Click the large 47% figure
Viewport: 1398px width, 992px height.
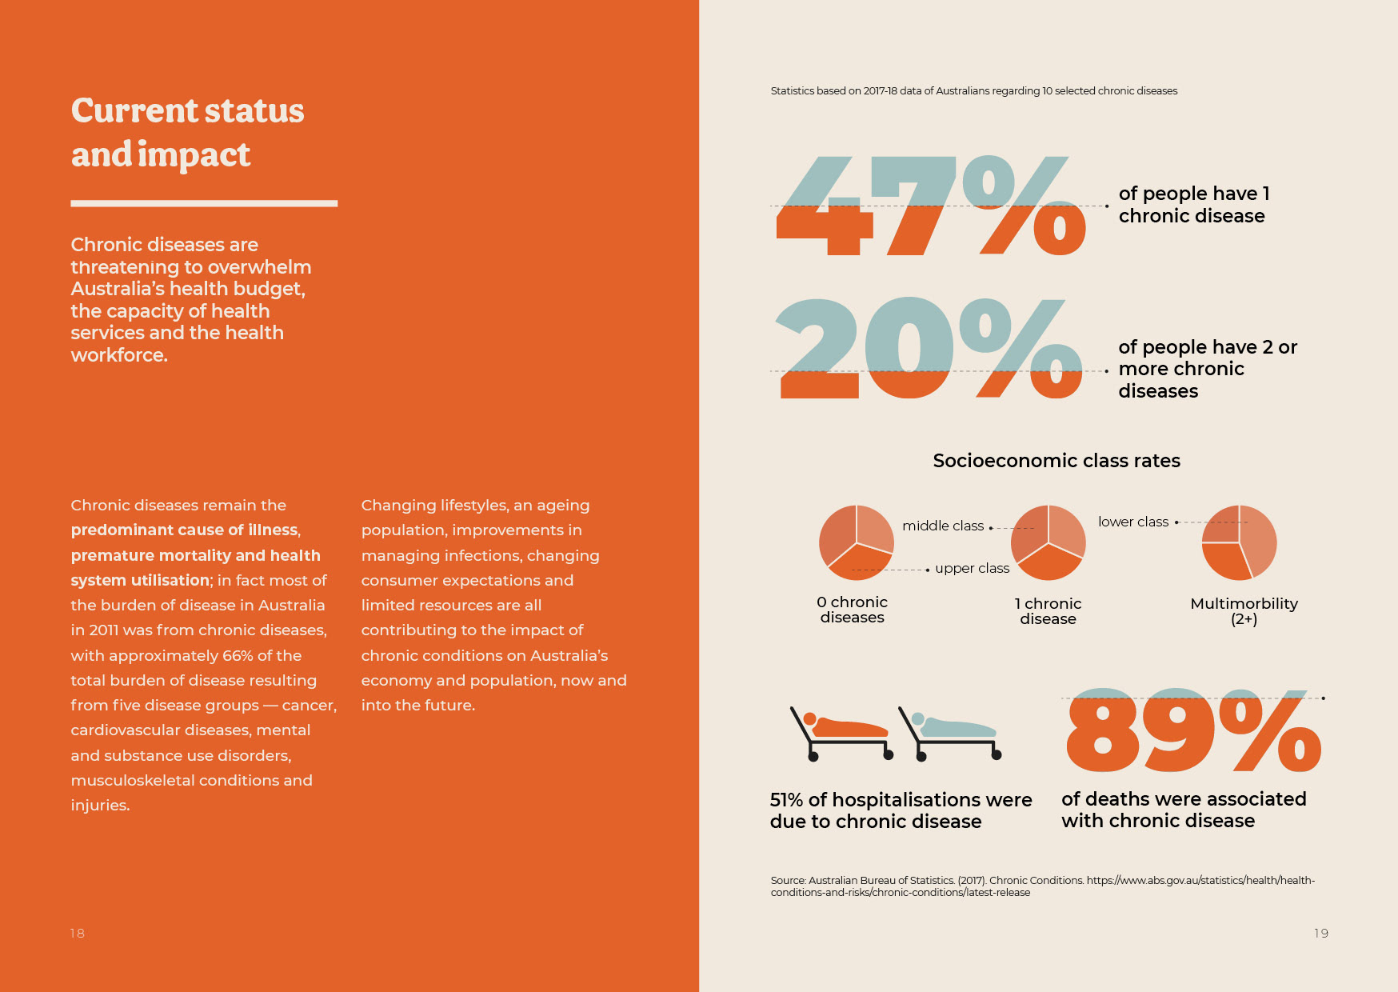click(x=931, y=206)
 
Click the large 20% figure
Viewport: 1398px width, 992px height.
click(x=929, y=348)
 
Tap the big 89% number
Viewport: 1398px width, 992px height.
click(x=1193, y=730)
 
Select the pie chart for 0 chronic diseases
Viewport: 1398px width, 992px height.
click(x=857, y=542)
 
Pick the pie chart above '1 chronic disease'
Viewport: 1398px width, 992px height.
click(x=1048, y=542)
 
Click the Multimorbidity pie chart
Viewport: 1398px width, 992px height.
click(x=1240, y=542)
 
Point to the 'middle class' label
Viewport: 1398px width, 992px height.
click(x=943, y=526)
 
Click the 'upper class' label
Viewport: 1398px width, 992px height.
click(x=973, y=568)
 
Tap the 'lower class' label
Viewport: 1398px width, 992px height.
click(x=1133, y=522)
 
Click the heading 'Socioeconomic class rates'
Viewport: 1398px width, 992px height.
click(x=1056, y=461)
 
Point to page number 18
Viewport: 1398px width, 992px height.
click(x=78, y=934)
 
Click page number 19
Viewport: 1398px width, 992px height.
click(x=1321, y=934)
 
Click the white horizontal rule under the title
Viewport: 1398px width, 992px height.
click(x=204, y=203)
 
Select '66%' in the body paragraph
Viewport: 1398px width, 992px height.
click(x=238, y=656)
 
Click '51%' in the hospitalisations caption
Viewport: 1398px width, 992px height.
click(x=786, y=800)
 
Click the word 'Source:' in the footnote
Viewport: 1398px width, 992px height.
click(x=788, y=881)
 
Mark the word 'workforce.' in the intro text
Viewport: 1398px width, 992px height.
click(x=119, y=355)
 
